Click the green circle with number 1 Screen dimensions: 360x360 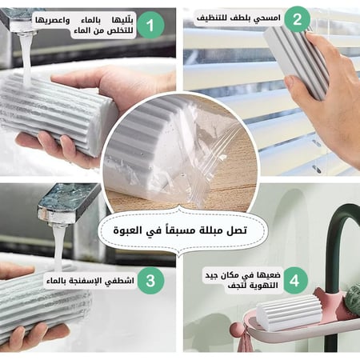coord(150,26)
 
